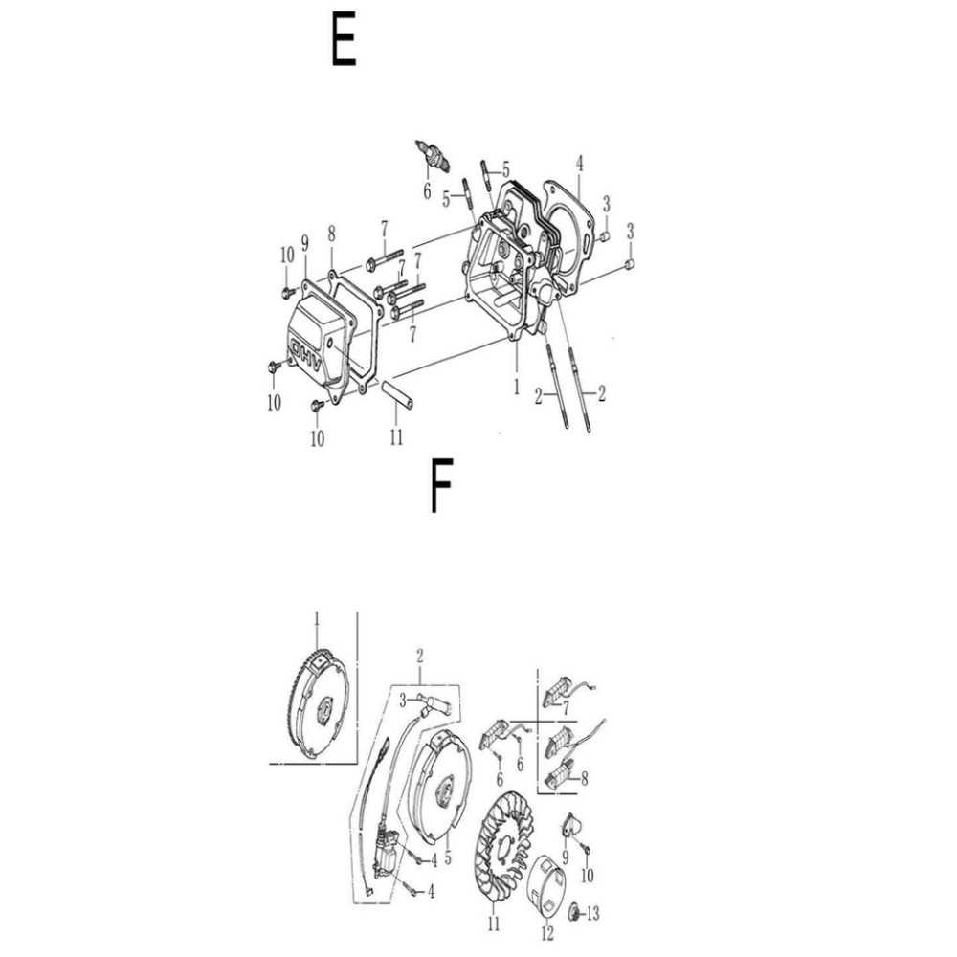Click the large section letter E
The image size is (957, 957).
click(344, 40)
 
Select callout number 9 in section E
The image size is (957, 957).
click(304, 243)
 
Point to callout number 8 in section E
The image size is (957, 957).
click(331, 234)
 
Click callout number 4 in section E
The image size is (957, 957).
click(579, 164)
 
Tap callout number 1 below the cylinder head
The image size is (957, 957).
click(517, 387)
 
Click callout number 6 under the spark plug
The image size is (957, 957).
click(427, 191)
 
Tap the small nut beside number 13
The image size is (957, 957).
click(573, 912)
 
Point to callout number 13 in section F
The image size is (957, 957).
click(592, 914)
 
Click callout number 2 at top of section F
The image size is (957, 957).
click(420, 657)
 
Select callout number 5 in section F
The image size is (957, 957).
click(448, 857)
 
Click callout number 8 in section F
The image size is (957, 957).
click(584, 778)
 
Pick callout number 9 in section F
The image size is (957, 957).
click(566, 857)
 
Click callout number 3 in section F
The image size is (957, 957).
click(403, 701)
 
